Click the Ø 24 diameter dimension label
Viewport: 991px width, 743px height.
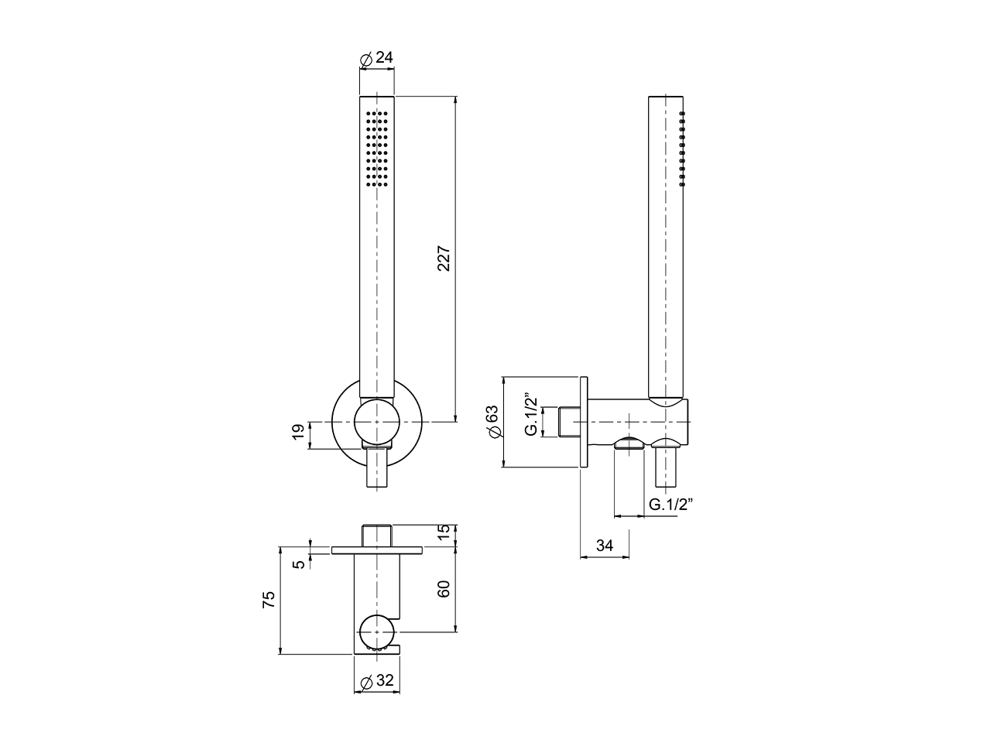click(378, 58)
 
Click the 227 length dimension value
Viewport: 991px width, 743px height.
click(444, 259)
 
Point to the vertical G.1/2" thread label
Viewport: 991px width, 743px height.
click(530, 416)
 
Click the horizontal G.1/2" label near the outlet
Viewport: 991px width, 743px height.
click(670, 505)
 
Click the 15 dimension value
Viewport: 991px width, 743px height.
click(444, 534)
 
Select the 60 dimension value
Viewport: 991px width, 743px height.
click(444, 589)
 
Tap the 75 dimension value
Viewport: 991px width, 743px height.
click(269, 600)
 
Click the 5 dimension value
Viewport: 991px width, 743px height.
click(299, 565)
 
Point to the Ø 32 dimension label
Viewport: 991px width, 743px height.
click(378, 681)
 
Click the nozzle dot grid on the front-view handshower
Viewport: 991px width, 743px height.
click(376, 148)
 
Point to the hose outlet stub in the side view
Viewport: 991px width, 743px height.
click(667, 464)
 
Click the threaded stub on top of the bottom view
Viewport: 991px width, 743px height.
click(378, 535)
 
